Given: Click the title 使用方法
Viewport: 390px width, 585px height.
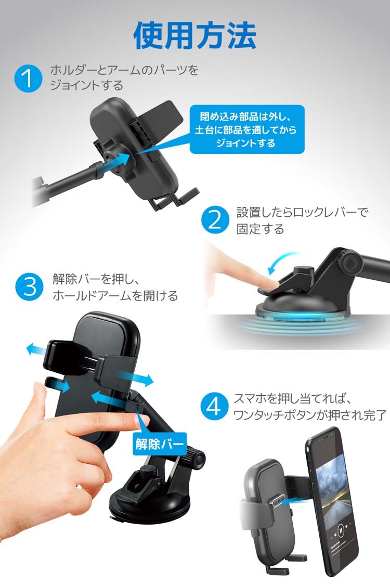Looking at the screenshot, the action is pos(195,35).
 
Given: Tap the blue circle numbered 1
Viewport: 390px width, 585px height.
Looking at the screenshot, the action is pos(28,79).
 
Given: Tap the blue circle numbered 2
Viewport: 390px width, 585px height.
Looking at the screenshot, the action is pos(215,220).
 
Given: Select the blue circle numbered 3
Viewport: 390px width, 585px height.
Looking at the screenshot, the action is pos(29,287).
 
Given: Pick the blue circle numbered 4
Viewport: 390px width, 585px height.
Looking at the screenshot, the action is pos(214,406).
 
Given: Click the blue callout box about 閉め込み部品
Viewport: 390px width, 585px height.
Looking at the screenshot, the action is pos(247,129).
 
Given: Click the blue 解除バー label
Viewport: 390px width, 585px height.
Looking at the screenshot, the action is pos(159,444).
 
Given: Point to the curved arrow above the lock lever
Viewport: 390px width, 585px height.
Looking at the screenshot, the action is pos(282,262).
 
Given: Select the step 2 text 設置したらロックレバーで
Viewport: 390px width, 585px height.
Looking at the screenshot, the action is pos(303,212).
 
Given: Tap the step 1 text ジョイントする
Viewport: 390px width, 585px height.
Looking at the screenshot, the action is pos(86,85).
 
